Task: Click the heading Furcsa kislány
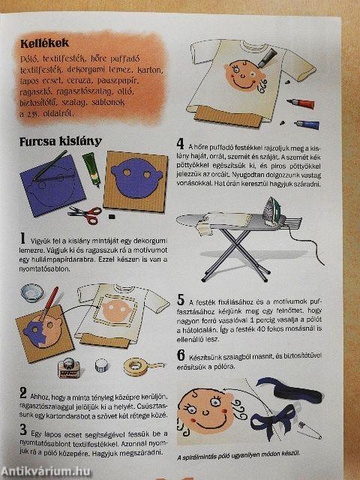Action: click(x=60, y=140)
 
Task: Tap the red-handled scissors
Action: click(x=84, y=214)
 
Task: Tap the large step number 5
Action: click(x=181, y=298)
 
